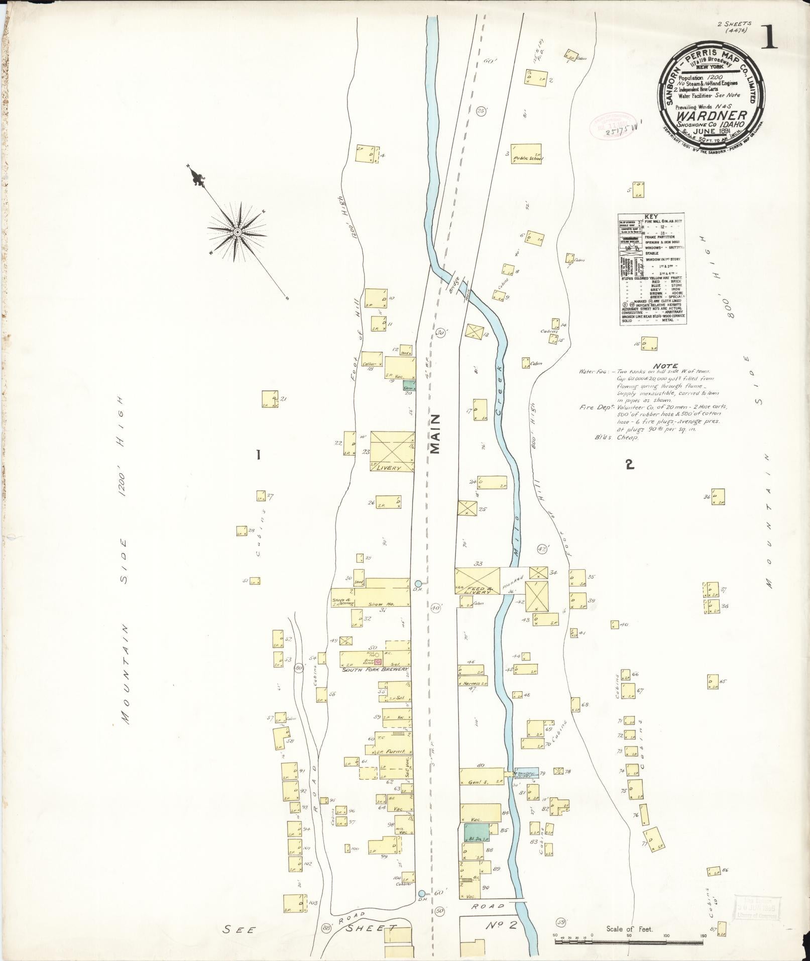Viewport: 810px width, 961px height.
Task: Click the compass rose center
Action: tap(237, 232)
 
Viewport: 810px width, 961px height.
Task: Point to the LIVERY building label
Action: tap(392, 468)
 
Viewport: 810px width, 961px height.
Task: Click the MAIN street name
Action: tap(435, 434)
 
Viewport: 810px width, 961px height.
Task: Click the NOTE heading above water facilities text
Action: tap(666, 366)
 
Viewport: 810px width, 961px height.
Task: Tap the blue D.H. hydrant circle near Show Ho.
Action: tap(418, 583)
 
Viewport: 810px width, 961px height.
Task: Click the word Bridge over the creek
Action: tap(454, 288)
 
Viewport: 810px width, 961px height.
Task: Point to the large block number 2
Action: tap(629, 465)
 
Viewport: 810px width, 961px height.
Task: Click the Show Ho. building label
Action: tap(390, 604)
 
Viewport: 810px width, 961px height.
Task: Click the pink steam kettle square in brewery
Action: tap(379, 662)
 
